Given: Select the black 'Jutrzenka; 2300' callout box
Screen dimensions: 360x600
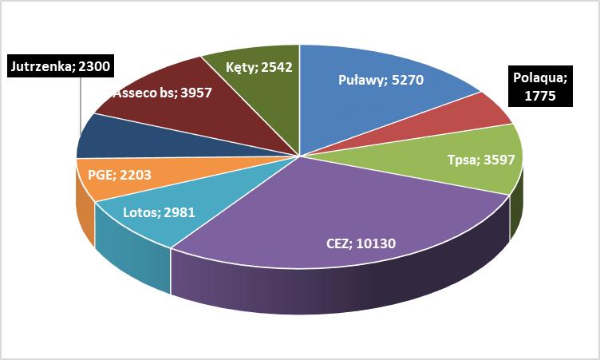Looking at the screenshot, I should tap(60, 67).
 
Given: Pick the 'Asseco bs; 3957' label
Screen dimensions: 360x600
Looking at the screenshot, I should tap(161, 93).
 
